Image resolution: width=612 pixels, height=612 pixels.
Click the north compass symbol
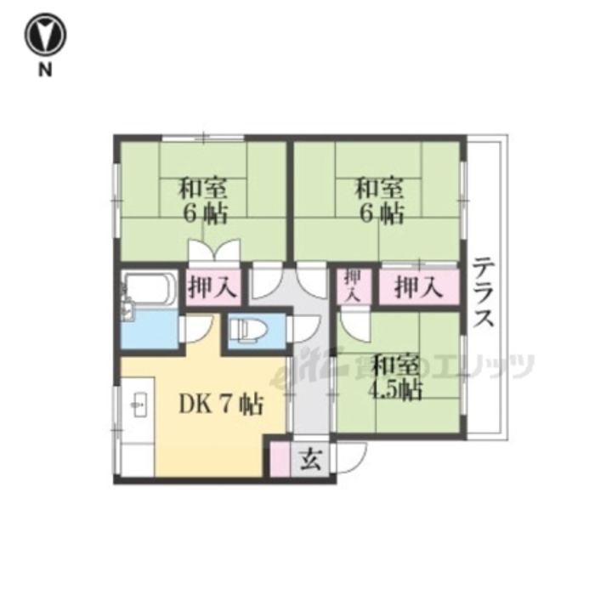coord(46,35)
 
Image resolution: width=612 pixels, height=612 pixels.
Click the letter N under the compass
coord(45,70)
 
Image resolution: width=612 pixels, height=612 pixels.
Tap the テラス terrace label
coord(484,292)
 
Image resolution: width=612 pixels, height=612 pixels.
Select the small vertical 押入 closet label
coord(354,286)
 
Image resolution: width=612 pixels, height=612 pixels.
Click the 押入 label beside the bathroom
coord(212,287)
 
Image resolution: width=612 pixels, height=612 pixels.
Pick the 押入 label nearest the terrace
coord(418,288)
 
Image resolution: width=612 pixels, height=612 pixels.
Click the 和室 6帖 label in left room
coord(203,201)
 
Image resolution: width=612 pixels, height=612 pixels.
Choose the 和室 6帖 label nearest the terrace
coord(378,201)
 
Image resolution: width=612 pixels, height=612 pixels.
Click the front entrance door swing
coord(352,459)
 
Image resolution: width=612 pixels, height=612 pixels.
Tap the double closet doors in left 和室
coord(214,251)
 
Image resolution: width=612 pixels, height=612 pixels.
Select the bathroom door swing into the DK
coord(198,329)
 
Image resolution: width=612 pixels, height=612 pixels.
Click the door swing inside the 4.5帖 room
coord(354,325)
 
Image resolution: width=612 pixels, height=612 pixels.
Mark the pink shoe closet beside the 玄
coord(280,459)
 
